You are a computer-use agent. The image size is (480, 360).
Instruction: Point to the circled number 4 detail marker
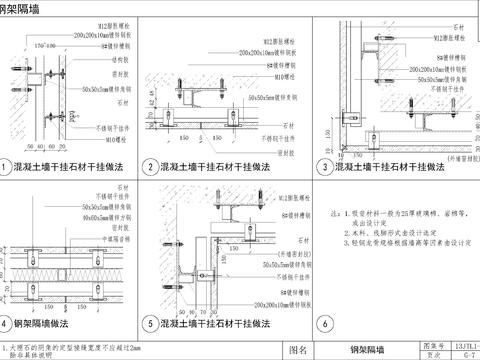[x=8, y=323]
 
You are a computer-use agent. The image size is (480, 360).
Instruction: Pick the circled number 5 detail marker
[x=152, y=323]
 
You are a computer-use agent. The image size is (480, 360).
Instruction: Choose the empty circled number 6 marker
[x=322, y=323]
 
